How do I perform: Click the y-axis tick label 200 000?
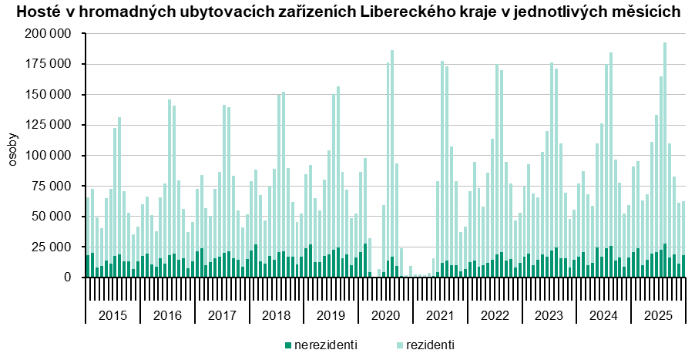coord(48,35)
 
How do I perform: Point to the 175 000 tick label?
coord(48,65)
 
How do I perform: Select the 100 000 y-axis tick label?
coord(48,156)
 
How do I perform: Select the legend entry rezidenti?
coord(430,345)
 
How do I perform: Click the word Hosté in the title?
coord(35,12)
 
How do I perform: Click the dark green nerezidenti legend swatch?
coord(288,345)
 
